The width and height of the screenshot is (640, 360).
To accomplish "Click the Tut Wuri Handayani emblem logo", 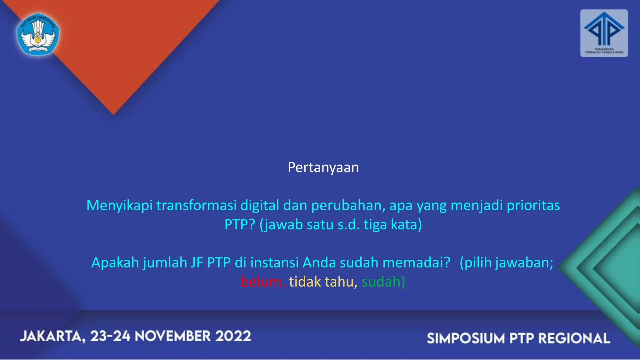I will point(38,34).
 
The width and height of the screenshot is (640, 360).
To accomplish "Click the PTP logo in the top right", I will point(604,33).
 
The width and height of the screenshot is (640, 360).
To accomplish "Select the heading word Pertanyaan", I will point(323,167).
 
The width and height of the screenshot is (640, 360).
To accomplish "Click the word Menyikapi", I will point(119,206).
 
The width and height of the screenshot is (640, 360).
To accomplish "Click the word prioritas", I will point(533,205).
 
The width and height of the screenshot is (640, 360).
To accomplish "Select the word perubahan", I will point(346,205).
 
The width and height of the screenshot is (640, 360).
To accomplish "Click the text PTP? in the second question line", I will point(240,225).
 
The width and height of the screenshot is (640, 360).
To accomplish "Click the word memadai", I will point(416,263).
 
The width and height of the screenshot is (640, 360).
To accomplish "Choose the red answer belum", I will point(261,282).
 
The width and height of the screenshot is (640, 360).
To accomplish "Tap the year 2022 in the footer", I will point(233,336).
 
